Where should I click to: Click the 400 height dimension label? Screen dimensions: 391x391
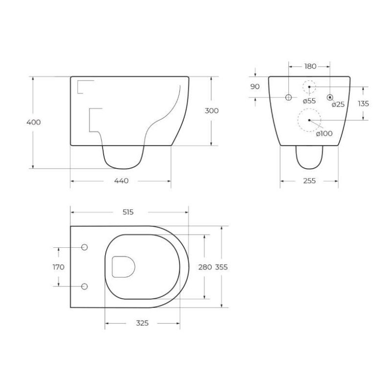34,122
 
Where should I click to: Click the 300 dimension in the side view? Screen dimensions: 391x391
211,110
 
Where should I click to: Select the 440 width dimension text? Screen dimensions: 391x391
121,181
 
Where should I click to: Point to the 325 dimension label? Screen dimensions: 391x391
142,323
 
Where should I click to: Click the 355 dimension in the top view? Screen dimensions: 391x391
221,267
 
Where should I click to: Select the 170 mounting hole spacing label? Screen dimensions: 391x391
58,267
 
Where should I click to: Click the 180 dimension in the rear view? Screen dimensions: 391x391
310,66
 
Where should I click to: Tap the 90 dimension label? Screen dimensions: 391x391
255,87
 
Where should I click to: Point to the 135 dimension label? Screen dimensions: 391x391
363,103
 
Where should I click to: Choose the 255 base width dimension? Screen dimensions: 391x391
309,181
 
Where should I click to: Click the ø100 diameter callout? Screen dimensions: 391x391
324,133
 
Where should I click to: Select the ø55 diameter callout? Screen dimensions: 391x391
309,101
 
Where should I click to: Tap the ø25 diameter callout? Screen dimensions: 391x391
338,104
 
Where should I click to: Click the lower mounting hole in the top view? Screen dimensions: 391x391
84,286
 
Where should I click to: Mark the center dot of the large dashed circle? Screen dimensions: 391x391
309,120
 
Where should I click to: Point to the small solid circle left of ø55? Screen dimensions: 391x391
288,98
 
